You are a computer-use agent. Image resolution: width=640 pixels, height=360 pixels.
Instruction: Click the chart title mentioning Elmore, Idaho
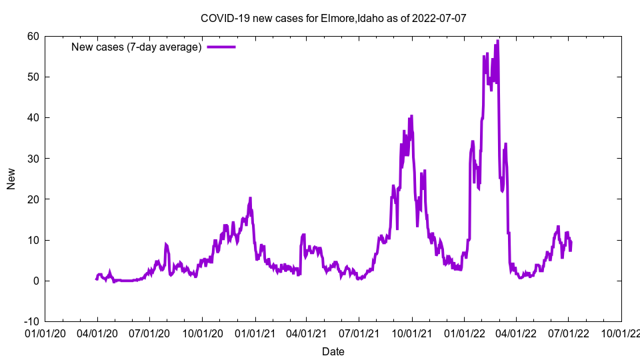coord(333,18)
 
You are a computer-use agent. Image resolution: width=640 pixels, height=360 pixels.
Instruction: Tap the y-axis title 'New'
coord(11,179)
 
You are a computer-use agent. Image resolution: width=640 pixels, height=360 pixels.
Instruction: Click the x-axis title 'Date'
coord(333,351)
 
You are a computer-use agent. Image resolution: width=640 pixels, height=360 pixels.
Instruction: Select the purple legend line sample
coord(221,47)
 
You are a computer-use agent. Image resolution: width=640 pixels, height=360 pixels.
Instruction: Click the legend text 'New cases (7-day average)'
coord(137,47)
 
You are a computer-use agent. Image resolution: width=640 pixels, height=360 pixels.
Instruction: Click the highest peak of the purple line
coord(497,41)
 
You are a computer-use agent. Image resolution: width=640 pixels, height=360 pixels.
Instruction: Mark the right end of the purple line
coord(571,243)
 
